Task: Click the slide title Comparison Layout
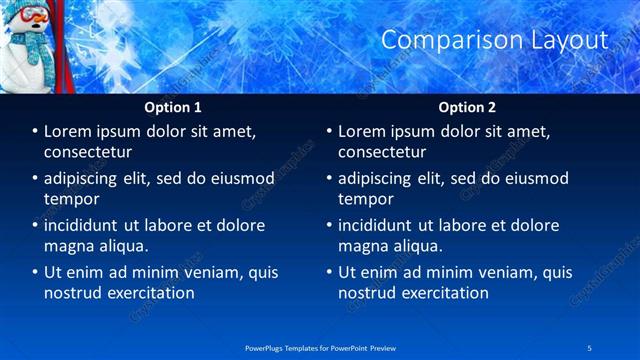coord(495,40)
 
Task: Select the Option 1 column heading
coord(173,107)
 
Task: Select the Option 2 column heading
coord(467,107)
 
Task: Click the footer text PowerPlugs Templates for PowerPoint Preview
coord(320,346)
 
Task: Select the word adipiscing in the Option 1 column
coord(84,178)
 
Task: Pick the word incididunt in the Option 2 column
coord(376,225)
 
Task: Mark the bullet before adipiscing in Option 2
coord(328,179)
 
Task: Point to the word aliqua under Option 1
coord(125,246)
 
